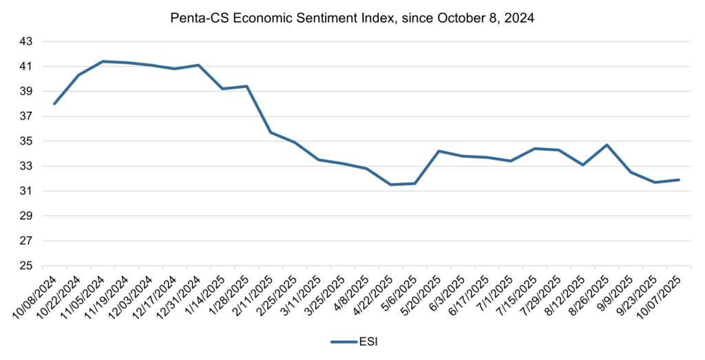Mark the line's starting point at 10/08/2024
(54, 104)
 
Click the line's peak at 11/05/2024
(103, 61)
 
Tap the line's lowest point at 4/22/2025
(391, 184)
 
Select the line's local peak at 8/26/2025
(607, 145)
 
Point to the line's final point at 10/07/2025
(679, 180)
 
